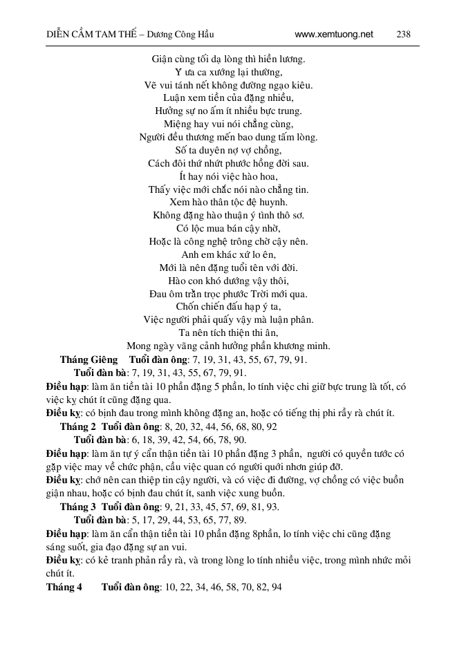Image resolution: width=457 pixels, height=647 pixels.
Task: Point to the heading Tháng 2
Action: [x=78, y=426]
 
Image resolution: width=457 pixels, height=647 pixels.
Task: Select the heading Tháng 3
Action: [x=78, y=507]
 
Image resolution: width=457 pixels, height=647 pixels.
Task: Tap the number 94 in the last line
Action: [x=277, y=587]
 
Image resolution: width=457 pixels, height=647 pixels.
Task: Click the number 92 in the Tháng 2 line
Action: [x=271, y=426]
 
